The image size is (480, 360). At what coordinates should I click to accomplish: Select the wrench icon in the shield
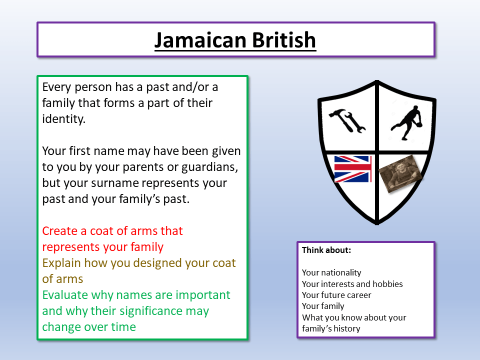point(356,122)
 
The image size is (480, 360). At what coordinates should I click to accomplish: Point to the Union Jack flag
point(352,169)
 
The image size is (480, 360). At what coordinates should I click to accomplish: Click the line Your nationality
point(331,272)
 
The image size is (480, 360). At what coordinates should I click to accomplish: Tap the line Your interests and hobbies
point(352,284)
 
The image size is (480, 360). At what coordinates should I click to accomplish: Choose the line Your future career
point(336,295)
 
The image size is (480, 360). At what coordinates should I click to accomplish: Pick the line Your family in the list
point(323,306)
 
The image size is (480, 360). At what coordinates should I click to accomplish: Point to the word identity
point(62,119)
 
